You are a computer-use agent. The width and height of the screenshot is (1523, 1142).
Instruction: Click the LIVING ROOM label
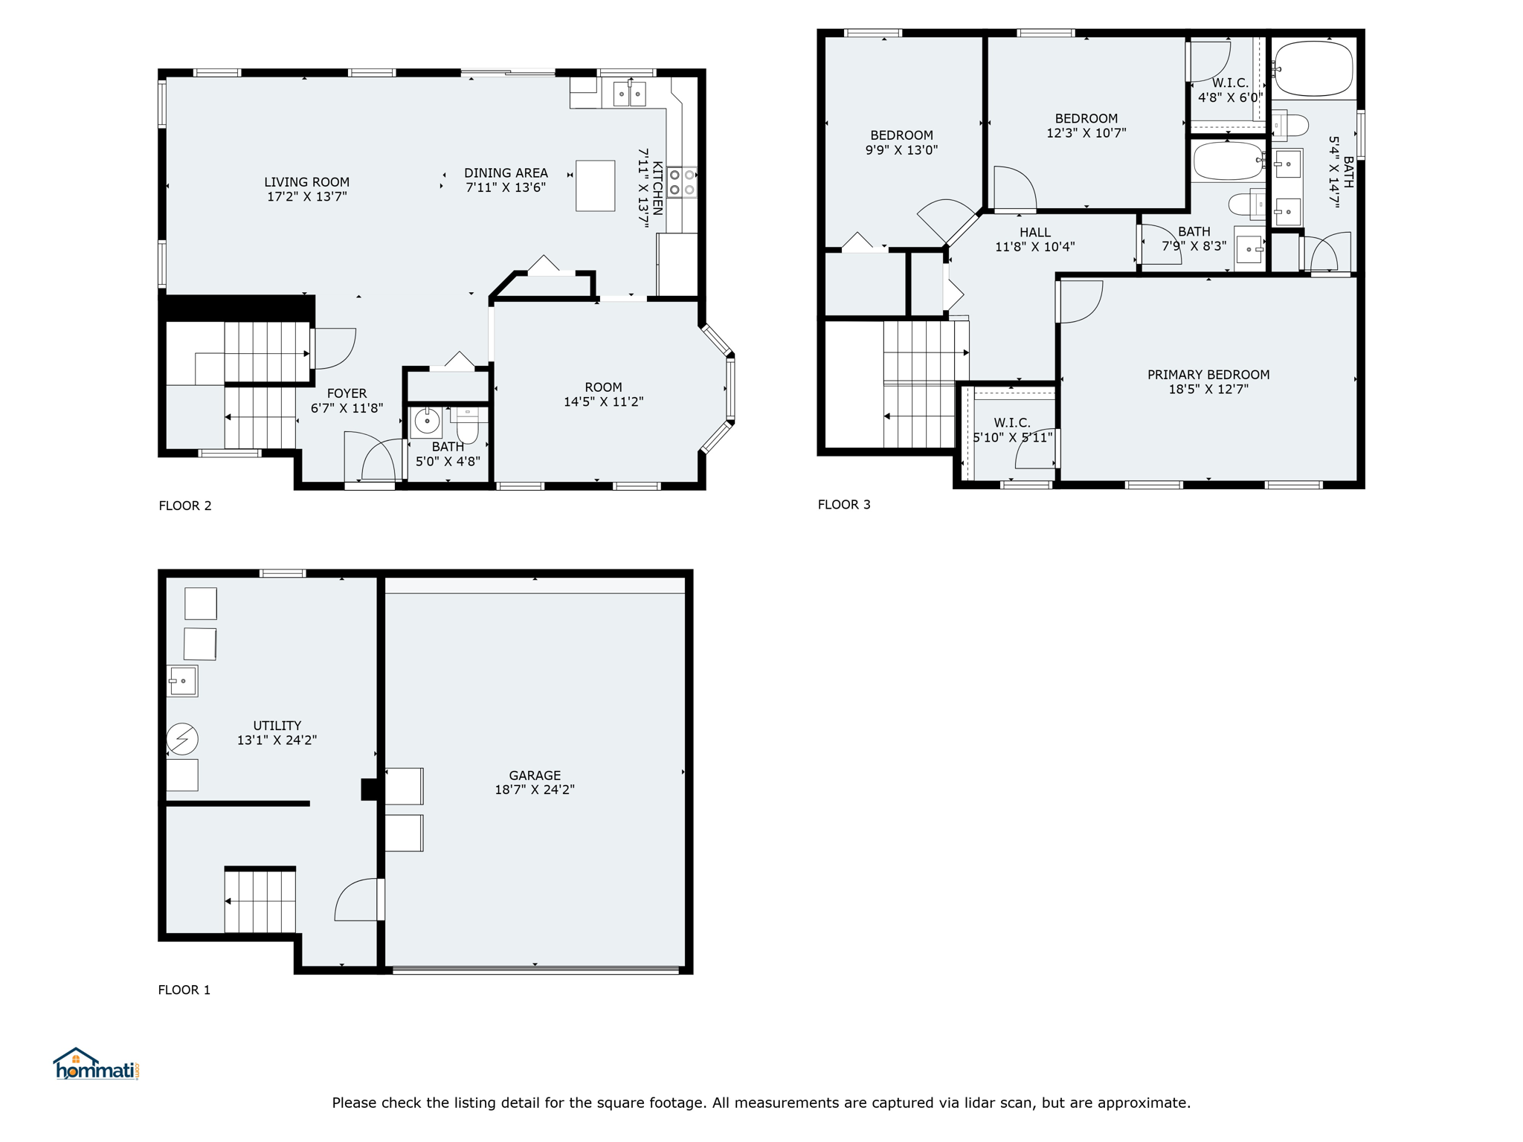pyautogui.click(x=306, y=182)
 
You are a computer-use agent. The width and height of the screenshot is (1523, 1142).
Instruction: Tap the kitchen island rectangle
pyautogui.click(x=596, y=186)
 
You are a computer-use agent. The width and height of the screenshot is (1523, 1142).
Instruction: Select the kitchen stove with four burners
pyautogui.click(x=682, y=182)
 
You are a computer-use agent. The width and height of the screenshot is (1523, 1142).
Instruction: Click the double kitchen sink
pyautogui.click(x=629, y=94)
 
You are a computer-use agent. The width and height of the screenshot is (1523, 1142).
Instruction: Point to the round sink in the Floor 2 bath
pyautogui.click(x=427, y=422)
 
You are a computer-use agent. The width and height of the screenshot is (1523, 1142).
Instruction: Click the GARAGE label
pyautogui.click(x=535, y=775)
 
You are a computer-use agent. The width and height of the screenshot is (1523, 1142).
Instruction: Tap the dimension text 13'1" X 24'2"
pyautogui.click(x=277, y=741)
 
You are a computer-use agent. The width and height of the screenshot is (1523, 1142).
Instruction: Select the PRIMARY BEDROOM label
pyautogui.click(x=1208, y=375)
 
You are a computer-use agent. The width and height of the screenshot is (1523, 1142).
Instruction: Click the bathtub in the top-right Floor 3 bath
pyautogui.click(x=1314, y=68)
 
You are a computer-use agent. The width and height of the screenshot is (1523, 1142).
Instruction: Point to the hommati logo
pyautogui.click(x=97, y=1065)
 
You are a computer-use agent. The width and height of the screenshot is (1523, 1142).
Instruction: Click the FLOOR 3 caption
pyautogui.click(x=844, y=505)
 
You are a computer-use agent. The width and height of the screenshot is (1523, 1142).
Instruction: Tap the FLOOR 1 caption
pyautogui.click(x=184, y=990)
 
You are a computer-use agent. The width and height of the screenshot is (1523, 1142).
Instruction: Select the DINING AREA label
pyautogui.click(x=506, y=173)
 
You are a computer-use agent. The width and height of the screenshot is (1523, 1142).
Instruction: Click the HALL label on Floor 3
pyautogui.click(x=1035, y=233)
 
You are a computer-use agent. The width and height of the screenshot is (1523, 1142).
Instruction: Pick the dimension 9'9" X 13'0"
pyautogui.click(x=901, y=150)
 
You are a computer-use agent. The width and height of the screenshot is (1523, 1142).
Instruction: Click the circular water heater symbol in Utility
pyautogui.click(x=182, y=739)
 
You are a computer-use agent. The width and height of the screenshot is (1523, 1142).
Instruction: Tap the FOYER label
pyautogui.click(x=347, y=394)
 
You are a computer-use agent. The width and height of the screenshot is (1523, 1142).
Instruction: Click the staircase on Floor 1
pyautogui.click(x=260, y=901)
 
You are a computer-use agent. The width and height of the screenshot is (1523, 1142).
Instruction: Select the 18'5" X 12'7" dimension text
pyautogui.click(x=1208, y=389)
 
